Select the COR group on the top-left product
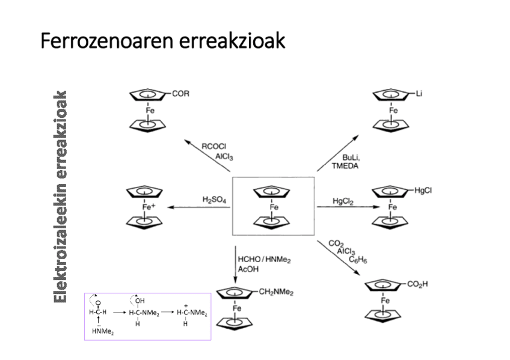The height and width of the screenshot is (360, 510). click(x=180, y=94)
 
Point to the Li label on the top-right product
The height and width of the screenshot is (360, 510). click(x=419, y=94)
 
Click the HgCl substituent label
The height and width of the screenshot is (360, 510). click(x=423, y=191)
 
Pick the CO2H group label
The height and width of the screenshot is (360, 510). click(x=417, y=284)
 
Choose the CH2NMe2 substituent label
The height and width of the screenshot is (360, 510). click(x=276, y=292)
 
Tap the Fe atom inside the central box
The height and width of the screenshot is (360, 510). click(x=274, y=207)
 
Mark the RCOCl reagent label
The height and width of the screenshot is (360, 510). click(x=214, y=146)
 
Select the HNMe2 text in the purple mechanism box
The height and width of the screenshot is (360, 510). click(x=103, y=331)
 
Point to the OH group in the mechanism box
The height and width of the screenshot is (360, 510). click(x=140, y=300)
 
